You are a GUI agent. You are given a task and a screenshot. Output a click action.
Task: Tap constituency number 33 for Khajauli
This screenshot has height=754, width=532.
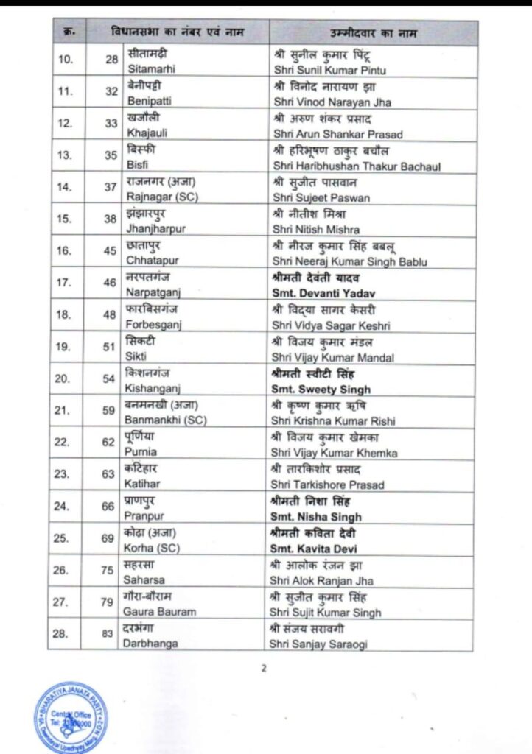(111, 123)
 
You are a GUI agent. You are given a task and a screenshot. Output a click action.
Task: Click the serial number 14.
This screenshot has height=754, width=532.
(66, 186)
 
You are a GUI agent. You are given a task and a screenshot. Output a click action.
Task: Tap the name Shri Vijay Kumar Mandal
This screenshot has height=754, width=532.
(333, 357)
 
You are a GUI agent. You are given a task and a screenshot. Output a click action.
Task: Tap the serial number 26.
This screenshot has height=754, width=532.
(66, 569)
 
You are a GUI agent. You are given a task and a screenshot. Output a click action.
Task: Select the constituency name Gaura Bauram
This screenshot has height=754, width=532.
(161, 612)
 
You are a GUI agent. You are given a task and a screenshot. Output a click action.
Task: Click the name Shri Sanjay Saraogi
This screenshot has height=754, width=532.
(320, 644)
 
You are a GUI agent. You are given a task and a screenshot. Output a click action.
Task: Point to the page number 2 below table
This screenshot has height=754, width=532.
(263, 669)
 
